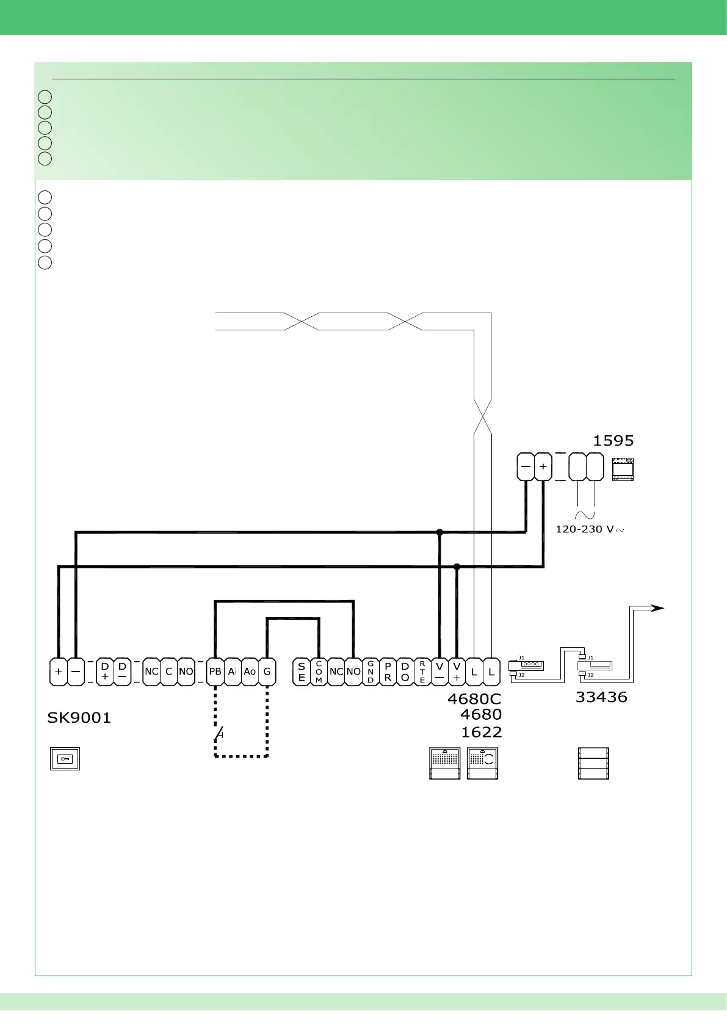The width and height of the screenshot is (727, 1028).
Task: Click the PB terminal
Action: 215,671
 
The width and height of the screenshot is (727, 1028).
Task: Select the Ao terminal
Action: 250,671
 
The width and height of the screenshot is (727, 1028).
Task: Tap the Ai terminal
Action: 233,671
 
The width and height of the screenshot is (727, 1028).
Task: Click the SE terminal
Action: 302,671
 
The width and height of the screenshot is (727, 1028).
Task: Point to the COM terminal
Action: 319,671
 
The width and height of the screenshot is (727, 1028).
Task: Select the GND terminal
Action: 371,671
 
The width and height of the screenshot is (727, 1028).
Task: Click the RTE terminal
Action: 422,671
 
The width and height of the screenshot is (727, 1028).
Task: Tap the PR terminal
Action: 388,671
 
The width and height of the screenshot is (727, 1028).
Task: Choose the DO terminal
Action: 405,671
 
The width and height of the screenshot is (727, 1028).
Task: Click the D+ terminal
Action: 105,671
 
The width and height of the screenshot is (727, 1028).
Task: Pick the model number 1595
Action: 613,441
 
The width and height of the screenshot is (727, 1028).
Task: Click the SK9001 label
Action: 79,718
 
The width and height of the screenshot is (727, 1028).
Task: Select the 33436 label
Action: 601,697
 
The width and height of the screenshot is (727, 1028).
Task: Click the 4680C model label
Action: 474,699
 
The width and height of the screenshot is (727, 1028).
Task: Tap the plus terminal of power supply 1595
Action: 543,467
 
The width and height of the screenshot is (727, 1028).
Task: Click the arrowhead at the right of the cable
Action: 657,608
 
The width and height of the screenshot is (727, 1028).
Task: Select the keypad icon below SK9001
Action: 65,759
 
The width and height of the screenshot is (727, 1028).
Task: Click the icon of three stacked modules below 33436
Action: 593,763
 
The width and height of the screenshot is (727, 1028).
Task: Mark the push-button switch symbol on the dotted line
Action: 219,733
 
